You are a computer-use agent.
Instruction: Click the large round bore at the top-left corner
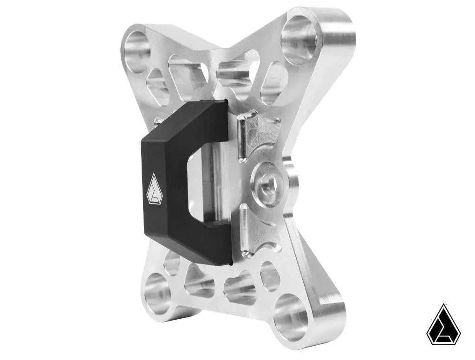click(x=136, y=51)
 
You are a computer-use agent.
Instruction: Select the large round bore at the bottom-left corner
click(x=157, y=294)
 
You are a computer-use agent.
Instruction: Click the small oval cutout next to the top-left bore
click(x=157, y=86)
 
